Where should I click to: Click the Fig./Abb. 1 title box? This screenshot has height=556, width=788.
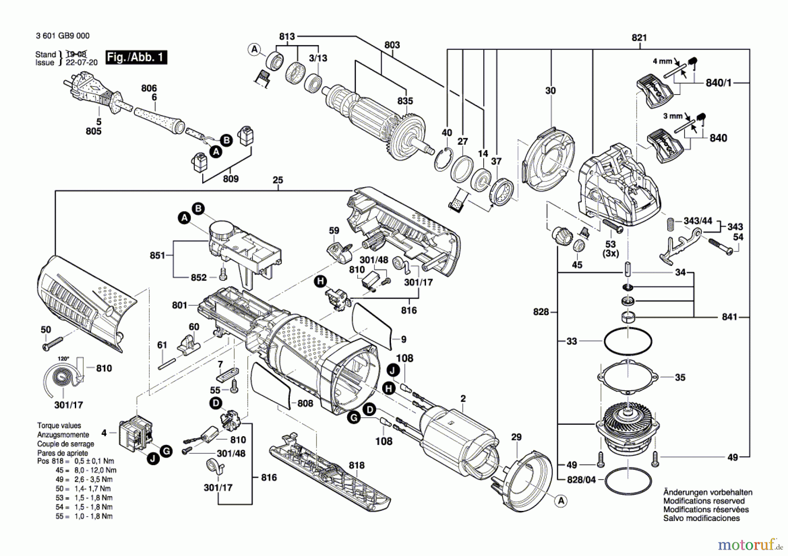pyautogui.click(x=136, y=57)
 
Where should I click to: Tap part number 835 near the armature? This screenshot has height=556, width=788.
pyautogui.click(x=405, y=101)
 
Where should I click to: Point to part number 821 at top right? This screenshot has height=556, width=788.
pyautogui.click(x=639, y=38)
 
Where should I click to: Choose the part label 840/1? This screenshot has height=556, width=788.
pyautogui.click(x=718, y=82)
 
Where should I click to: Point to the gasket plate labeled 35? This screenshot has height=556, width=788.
pyautogui.click(x=628, y=377)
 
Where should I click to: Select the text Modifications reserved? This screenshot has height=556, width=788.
pyautogui.click(x=704, y=501)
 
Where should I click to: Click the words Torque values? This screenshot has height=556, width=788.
pyautogui.click(x=59, y=425)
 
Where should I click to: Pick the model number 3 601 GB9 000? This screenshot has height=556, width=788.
pyautogui.click(x=63, y=36)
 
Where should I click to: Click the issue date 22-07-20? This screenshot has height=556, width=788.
pyautogui.click(x=82, y=62)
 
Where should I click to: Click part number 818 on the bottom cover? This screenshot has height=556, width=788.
pyautogui.click(x=357, y=465)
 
